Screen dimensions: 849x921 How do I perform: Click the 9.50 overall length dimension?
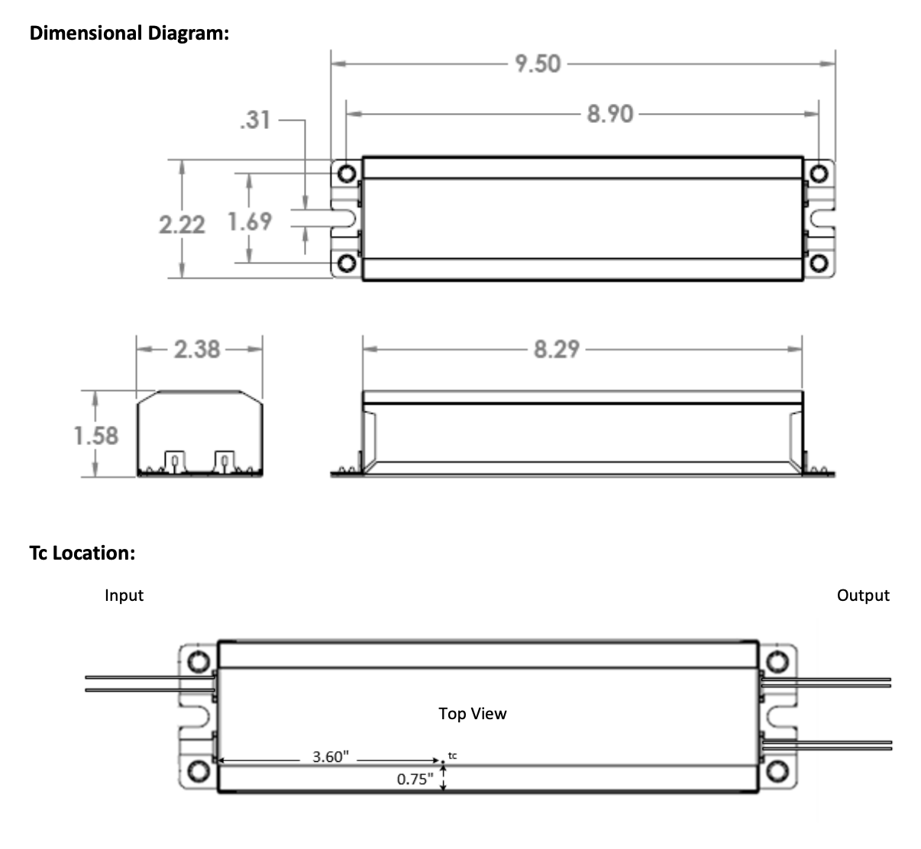pos(538,63)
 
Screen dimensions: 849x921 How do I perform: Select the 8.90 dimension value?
pos(610,114)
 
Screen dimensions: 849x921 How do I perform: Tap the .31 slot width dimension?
pos(254,120)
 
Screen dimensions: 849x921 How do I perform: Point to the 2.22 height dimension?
pos(182,224)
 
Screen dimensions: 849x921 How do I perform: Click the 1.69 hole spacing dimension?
pos(250,221)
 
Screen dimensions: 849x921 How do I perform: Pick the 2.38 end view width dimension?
pos(197,349)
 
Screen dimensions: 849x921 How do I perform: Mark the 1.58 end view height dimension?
pos(96,435)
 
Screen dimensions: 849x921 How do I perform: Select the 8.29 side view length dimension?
pos(557,349)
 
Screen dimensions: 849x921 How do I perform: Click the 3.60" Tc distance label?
pos(331,757)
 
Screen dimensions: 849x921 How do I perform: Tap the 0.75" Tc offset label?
pos(415,780)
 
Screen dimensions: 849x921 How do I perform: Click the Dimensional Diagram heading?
pos(129,33)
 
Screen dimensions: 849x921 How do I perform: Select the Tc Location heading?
pos(82,553)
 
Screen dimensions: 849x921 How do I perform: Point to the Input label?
pos(124,595)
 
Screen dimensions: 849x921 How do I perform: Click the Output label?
pos(863,595)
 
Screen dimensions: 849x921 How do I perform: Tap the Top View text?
pos(472,713)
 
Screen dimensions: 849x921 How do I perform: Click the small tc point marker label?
pos(452,755)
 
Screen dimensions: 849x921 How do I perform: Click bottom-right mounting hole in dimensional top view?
pos(819,264)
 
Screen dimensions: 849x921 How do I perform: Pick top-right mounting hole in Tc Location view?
pos(777,660)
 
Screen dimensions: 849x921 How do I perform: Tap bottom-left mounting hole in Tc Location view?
pos(199,770)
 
